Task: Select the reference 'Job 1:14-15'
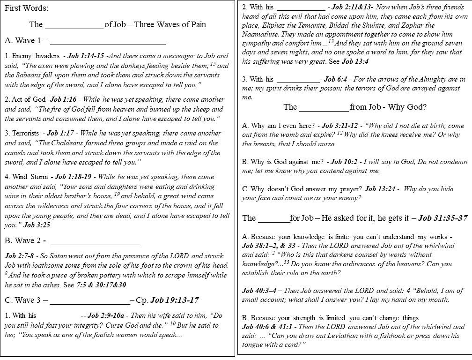[x=86, y=56]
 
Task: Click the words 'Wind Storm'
[x=29, y=177]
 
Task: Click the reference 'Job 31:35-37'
[x=442, y=218]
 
